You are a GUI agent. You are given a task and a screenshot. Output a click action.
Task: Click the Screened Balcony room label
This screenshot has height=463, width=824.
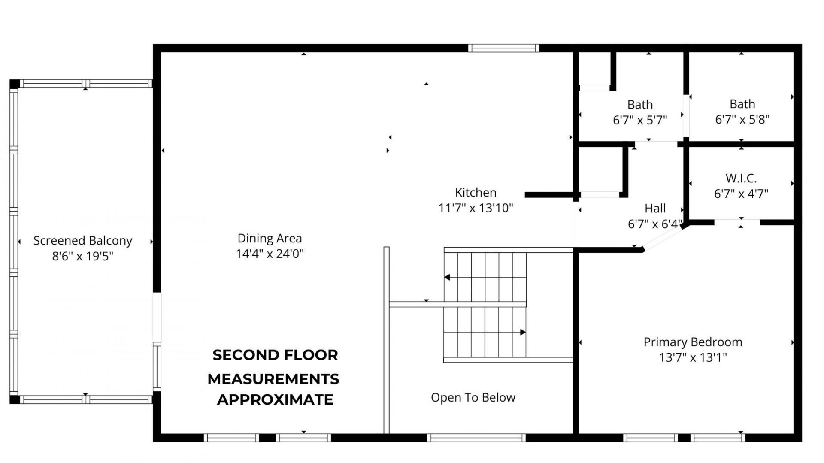83,241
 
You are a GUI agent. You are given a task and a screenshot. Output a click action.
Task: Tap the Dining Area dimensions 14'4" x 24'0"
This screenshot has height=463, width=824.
270,254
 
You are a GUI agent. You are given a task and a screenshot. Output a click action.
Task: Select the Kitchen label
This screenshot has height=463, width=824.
476,192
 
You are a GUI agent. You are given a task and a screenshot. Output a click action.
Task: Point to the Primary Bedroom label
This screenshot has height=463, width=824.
693,342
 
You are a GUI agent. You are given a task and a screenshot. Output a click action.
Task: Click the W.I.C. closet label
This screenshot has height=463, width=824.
741,178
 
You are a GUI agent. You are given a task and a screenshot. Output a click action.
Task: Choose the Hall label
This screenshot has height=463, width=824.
655,209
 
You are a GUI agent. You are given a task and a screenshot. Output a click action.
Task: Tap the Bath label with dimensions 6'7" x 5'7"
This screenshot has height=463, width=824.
640,105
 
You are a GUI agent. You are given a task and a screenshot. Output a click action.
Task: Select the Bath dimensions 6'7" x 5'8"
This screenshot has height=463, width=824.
742,119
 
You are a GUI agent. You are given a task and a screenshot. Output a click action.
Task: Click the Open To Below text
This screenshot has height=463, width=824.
473,397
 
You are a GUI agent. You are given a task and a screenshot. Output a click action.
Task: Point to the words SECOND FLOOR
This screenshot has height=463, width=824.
275,355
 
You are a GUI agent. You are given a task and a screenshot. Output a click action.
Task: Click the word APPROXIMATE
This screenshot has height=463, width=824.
275,399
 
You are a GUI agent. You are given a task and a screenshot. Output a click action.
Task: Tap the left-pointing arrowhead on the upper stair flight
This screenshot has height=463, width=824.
447,277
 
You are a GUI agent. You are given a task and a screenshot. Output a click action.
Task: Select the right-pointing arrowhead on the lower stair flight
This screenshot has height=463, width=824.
523,332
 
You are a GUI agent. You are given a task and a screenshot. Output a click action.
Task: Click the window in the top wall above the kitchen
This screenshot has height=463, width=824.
503,48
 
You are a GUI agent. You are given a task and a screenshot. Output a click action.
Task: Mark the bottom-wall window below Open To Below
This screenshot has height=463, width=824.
476,438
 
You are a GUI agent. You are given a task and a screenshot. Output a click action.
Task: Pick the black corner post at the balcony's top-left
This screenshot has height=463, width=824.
15,84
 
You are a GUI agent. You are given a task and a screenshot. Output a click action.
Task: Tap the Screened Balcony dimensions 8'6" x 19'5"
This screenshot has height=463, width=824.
83,256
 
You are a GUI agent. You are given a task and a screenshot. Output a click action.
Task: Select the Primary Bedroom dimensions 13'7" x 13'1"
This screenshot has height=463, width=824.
693,357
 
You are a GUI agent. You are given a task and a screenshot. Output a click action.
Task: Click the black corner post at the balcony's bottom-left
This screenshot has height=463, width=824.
15,399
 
